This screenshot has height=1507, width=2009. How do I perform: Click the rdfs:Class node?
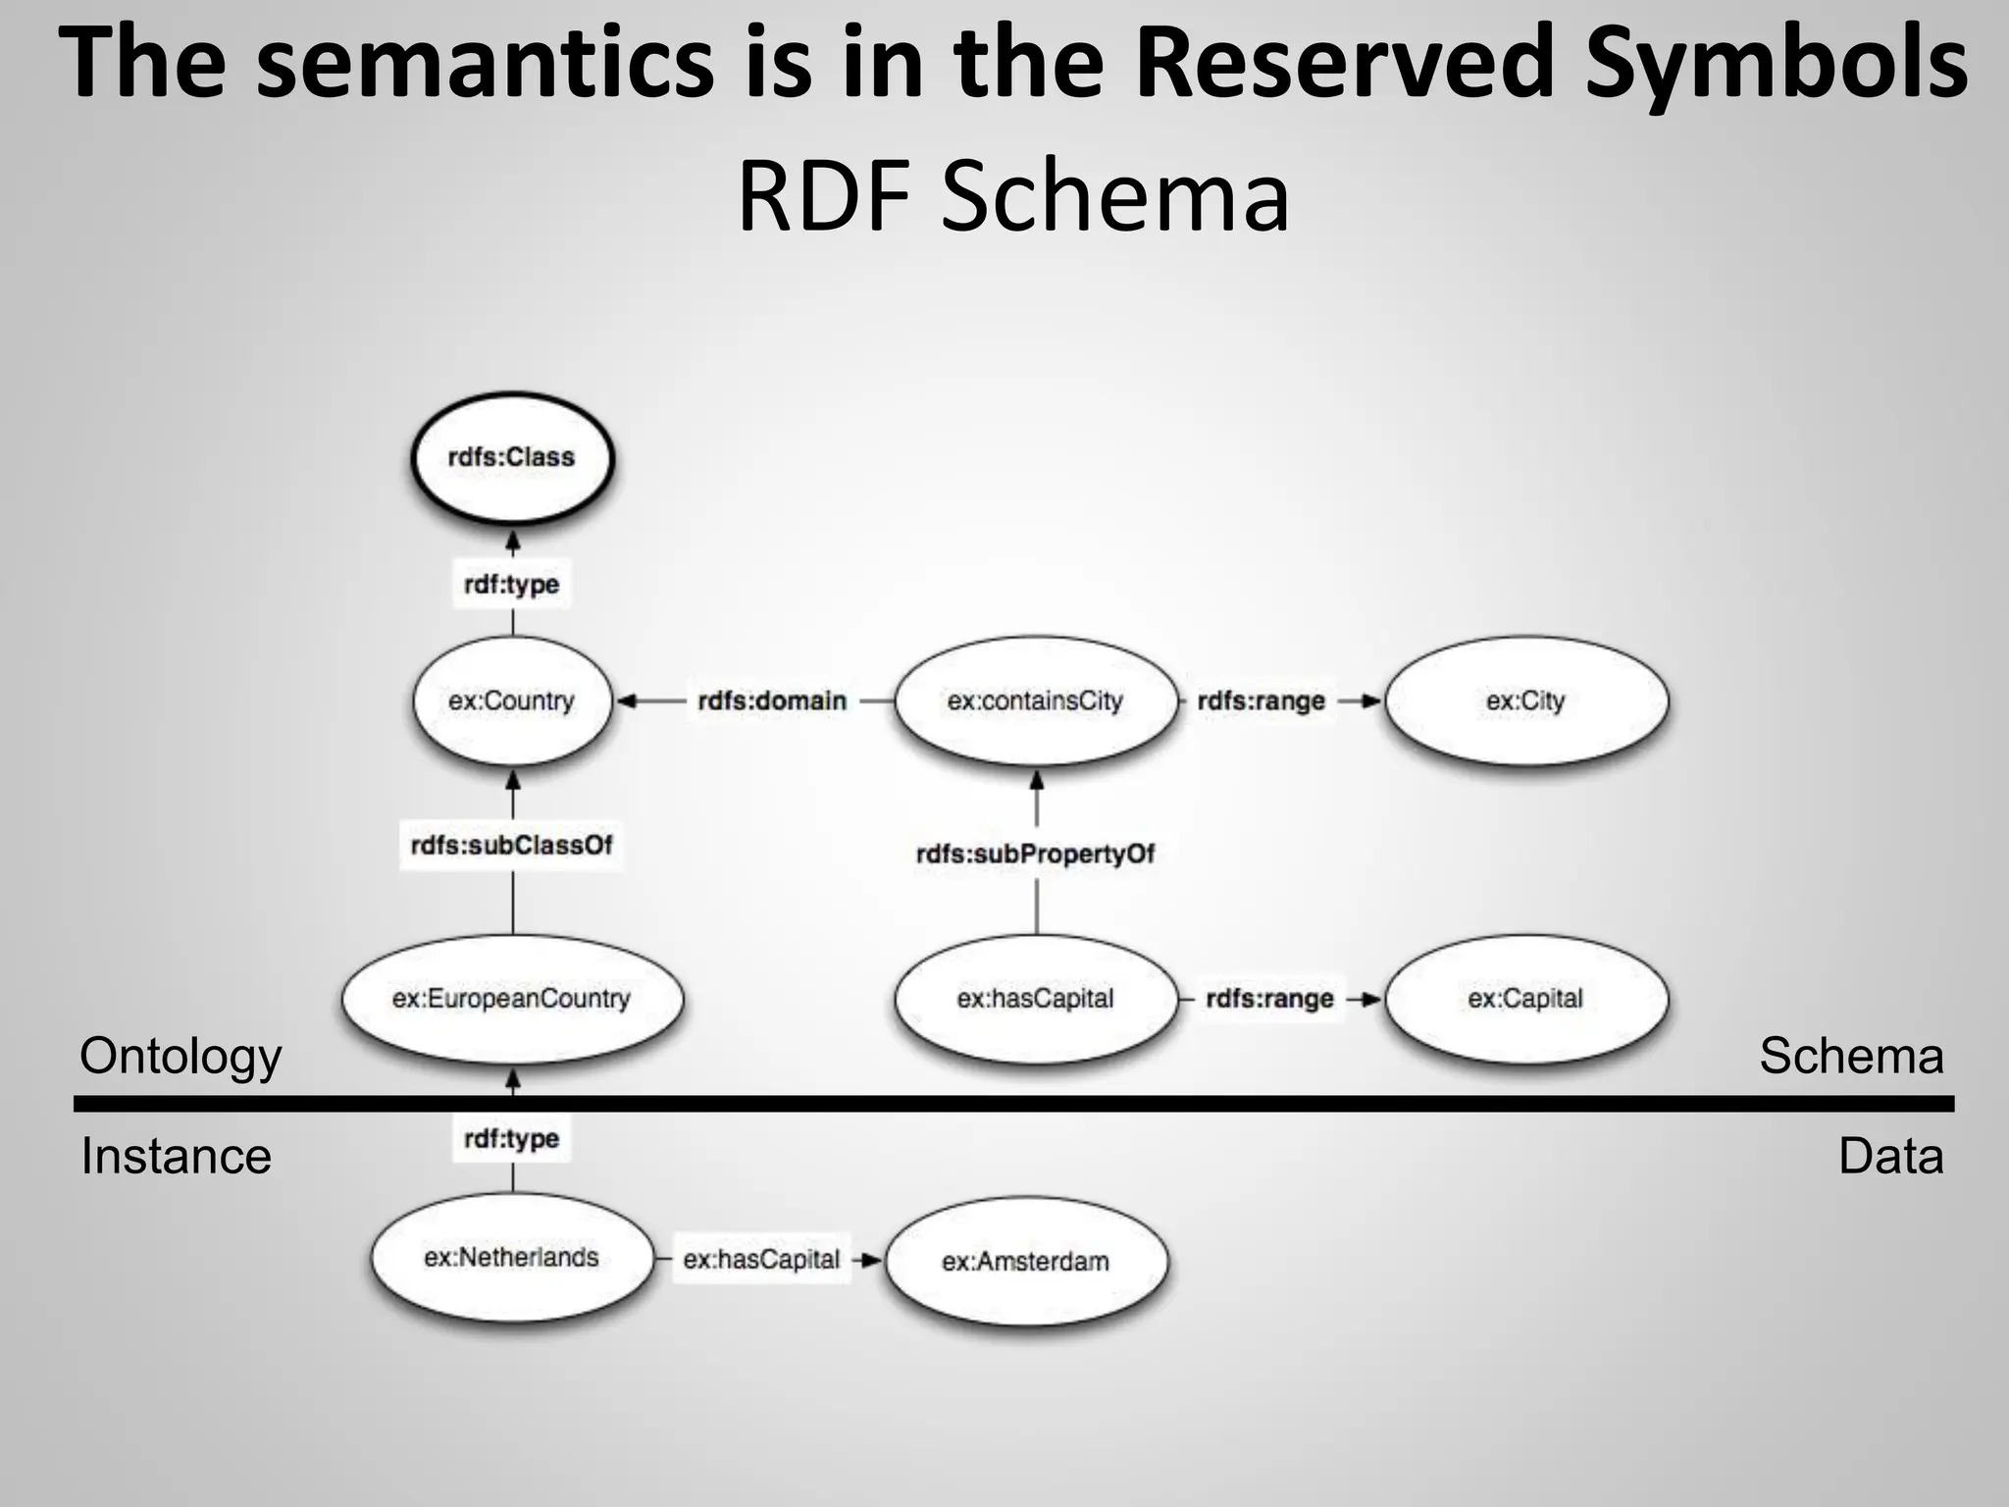(511, 458)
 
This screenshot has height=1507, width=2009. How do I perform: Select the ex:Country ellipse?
(511, 701)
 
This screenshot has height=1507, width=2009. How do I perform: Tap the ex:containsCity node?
(1035, 701)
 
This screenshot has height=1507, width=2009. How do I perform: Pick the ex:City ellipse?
(1525, 701)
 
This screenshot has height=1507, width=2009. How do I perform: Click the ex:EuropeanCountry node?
(511, 999)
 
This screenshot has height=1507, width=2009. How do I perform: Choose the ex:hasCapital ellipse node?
(1035, 999)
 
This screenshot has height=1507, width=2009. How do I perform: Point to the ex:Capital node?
(1525, 999)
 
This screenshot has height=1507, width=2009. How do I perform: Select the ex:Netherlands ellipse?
(511, 1258)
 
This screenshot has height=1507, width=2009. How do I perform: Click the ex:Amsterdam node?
(1026, 1261)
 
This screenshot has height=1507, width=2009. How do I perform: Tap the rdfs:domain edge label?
(772, 701)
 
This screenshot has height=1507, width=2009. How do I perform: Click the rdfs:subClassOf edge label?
(511, 845)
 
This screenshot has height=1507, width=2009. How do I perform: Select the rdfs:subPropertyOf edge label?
(1035, 854)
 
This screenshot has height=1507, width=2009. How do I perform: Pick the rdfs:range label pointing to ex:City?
(1262, 701)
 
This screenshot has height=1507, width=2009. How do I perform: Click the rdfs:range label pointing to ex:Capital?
(1269, 999)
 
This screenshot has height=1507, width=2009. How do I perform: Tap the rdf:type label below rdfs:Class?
(511, 584)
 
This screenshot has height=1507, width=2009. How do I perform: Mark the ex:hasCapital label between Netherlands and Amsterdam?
(761, 1260)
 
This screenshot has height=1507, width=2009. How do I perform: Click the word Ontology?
(180, 1058)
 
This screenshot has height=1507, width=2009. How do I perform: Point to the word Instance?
(176, 1156)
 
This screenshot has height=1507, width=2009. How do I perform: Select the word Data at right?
(1890, 1156)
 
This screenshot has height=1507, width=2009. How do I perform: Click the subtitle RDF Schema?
(1012, 196)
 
